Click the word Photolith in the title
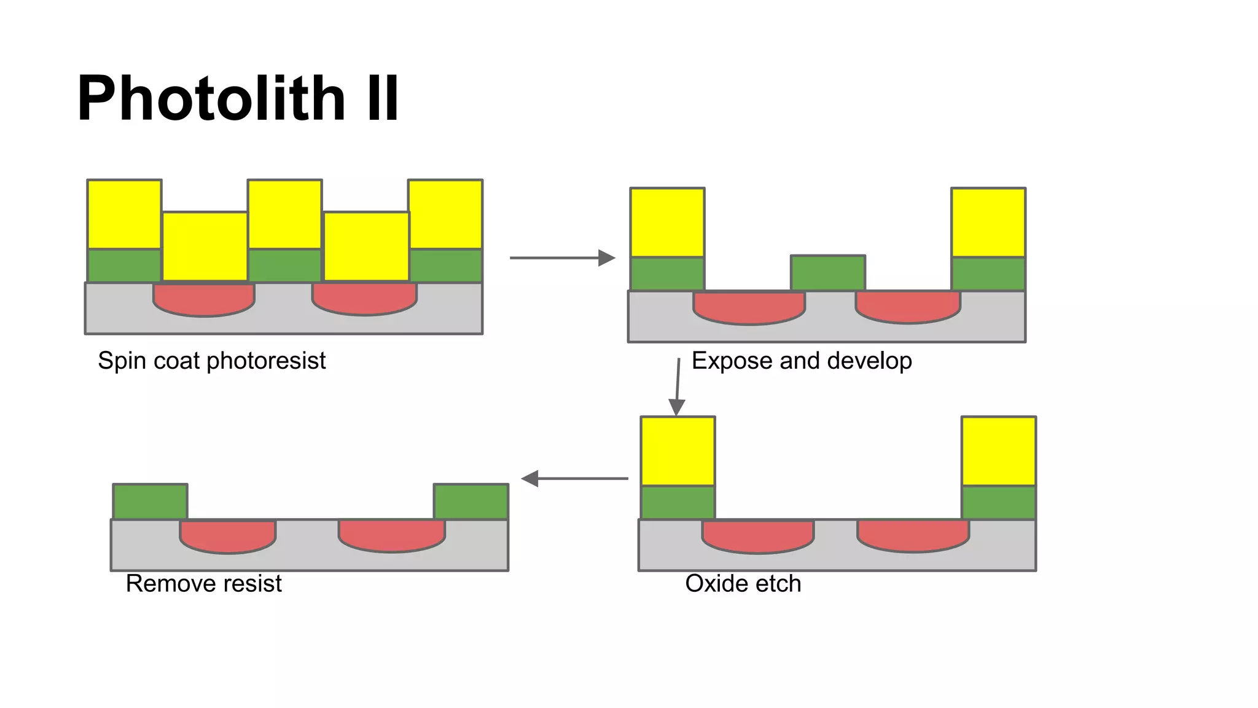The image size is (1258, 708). point(211,98)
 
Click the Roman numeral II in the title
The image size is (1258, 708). point(382,98)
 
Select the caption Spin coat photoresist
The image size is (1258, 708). point(211,361)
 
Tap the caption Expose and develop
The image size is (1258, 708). point(802,361)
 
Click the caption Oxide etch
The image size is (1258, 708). point(743,583)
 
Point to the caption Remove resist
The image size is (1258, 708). point(203,583)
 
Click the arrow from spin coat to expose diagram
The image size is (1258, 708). point(561,258)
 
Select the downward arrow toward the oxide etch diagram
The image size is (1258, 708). point(678,387)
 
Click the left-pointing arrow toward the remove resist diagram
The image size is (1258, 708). point(574,478)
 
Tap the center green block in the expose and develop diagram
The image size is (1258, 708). point(828,273)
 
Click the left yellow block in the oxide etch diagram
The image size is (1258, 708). point(678,451)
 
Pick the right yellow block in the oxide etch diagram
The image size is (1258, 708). point(999,451)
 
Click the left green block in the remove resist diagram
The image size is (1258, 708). point(150,502)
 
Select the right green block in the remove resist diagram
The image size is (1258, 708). point(471,502)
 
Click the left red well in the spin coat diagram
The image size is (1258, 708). point(204,299)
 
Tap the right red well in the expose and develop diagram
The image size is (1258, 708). point(908,306)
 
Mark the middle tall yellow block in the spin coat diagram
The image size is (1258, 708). point(285,214)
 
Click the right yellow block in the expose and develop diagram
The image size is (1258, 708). point(988,222)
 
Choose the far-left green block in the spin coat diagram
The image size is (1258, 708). point(124,265)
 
